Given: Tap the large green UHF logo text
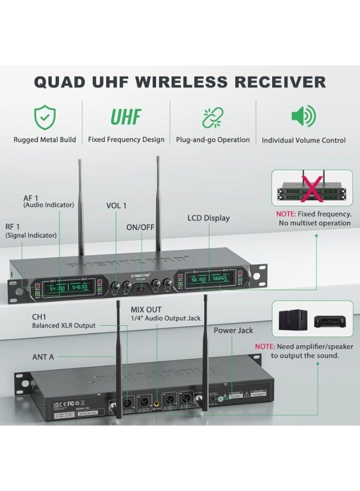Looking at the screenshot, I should click(x=126, y=117).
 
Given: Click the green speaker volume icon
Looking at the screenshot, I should click(x=303, y=117).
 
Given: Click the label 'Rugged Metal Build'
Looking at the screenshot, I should click(x=45, y=140).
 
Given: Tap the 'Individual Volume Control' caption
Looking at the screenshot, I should click(x=303, y=140).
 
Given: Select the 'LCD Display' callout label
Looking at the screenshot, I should click(x=208, y=218).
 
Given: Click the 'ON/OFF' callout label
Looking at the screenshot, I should click(x=141, y=226).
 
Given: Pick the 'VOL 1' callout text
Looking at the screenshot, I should click(x=116, y=206).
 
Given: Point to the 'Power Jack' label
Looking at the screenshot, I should click(x=233, y=330).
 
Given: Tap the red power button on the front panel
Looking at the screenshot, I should click(x=141, y=286).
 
